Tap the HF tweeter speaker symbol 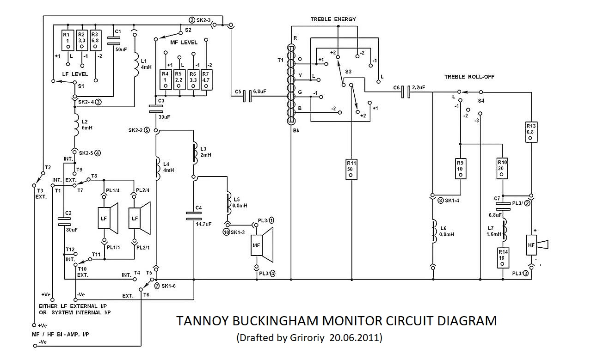click(536, 244)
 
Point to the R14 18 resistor click(503, 258)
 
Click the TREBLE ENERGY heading click(333, 19)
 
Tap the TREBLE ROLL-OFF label click(464, 77)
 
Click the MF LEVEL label click(184, 43)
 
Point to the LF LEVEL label click(75, 74)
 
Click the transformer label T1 click(280, 61)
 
